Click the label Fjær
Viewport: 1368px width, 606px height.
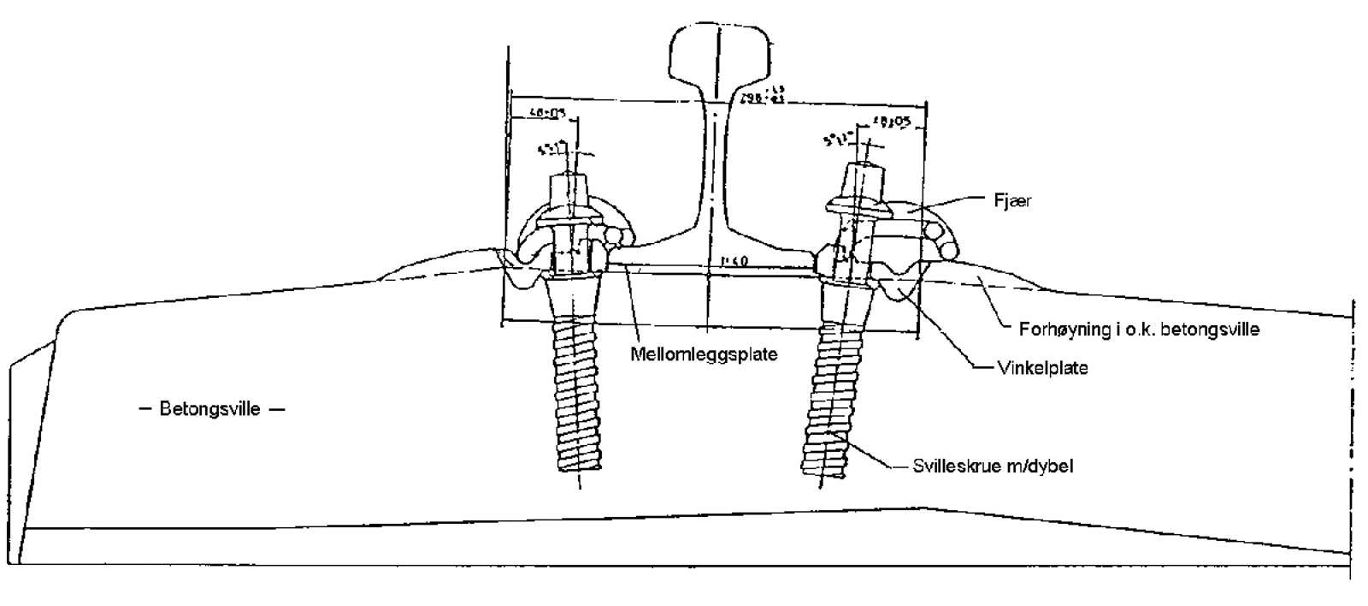(1012, 201)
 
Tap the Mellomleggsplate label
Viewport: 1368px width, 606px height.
(704, 354)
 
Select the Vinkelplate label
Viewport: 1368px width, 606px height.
(1043, 368)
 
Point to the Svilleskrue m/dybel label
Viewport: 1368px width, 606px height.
(993, 466)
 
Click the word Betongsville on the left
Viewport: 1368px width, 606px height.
(209, 409)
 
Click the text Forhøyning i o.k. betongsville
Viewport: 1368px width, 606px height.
(1139, 330)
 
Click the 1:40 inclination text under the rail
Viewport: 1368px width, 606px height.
(734, 261)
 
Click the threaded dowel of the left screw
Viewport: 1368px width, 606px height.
(578, 394)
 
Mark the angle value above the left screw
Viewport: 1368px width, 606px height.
(552, 149)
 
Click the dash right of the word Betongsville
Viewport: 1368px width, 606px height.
(276, 409)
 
